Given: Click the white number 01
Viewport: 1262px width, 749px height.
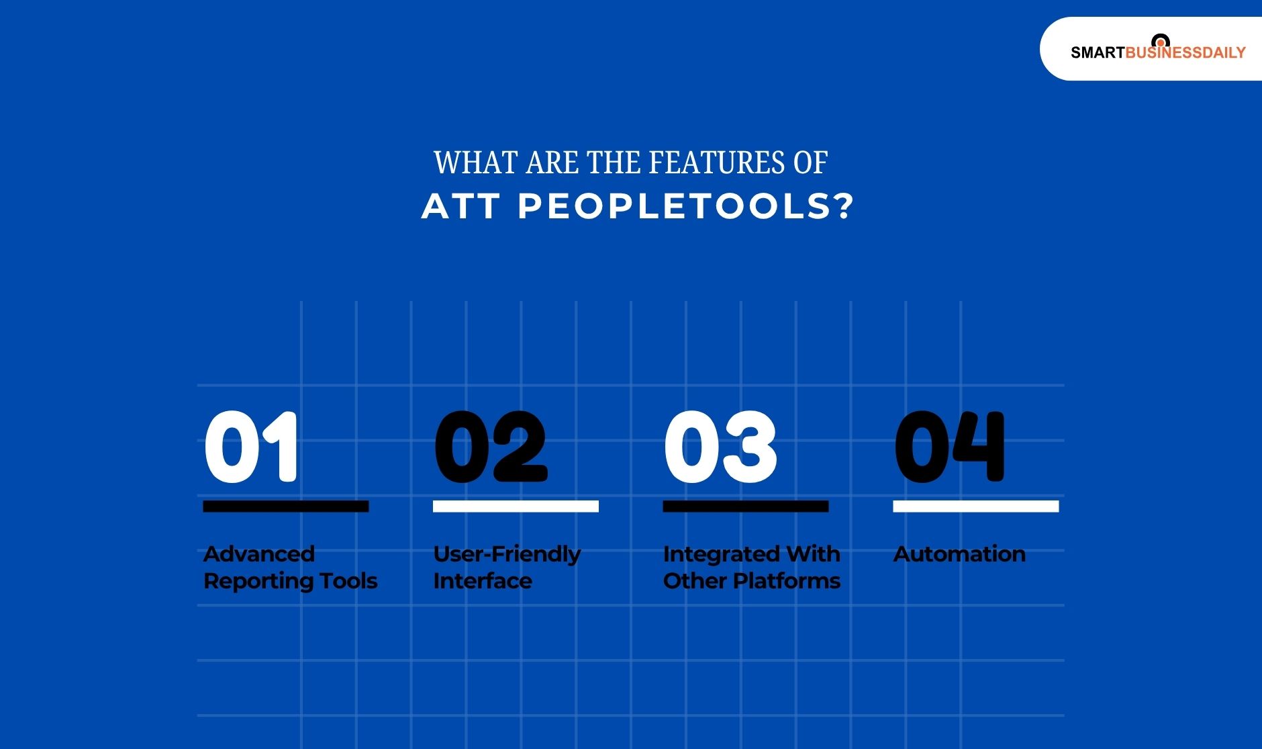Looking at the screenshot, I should [x=251, y=447].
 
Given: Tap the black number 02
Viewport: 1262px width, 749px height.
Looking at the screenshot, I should [x=491, y=447].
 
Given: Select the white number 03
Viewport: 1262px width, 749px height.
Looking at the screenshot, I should [x=720, y=447].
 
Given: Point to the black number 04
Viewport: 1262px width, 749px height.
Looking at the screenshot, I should [x=950, y=447].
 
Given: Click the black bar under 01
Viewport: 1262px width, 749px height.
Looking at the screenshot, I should [x=286, y=506].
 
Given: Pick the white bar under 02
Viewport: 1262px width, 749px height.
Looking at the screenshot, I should [x=516, y=506].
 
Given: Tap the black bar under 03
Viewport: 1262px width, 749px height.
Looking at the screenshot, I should [x=745, y=506].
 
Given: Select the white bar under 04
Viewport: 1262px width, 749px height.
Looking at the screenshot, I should [x=975, y=506].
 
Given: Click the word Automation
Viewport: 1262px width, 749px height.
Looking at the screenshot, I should [x=959, y=554].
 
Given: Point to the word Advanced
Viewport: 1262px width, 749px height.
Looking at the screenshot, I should [x=259, y=554].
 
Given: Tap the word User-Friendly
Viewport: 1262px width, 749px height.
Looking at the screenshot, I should [x=507, y=555].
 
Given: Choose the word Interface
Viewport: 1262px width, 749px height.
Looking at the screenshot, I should [x=483, y=581].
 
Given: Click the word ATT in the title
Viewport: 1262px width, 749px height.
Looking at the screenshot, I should [x=460, y=206].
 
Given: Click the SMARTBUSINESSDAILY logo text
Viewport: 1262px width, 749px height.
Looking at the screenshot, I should [x=1158, y=52].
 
